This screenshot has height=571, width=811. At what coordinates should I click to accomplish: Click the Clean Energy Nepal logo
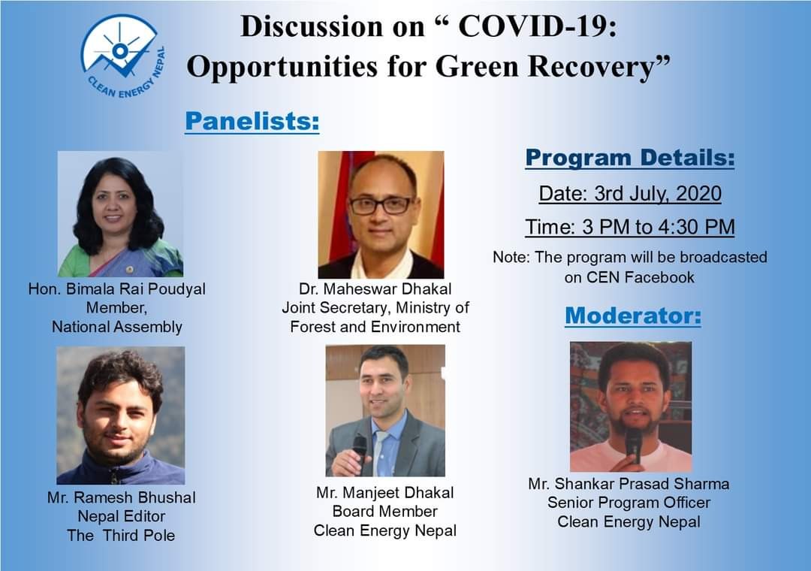pyautogui.click(x=123, y=56)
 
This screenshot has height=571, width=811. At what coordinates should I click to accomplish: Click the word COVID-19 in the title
pyautogui.click(x=538, y=26)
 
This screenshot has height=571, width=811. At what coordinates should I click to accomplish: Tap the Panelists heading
pyautogui.click(x=252, y=121)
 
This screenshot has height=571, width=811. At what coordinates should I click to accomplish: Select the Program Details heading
pyautogui.click(x=630, y=158)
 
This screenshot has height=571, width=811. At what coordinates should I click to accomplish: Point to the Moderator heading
pyautogui.click(x=633, y=316)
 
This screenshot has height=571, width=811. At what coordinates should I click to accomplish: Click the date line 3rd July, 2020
pyautogui.click(x=630, y=194)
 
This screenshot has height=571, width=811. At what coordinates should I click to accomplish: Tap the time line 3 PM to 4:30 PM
pyautogui.click(x=630, y=227)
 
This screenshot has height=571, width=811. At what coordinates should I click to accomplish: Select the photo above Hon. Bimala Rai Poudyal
pyautogui.click(x=120, y=214)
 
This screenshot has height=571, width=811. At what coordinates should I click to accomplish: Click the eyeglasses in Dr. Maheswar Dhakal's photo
pyautogui.click(x=381, y=206)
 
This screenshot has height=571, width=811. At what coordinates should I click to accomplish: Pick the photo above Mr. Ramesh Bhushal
pyautogui.click(x=120, y=415)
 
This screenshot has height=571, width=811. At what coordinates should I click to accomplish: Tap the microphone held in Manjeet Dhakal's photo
pyautogui.click(x=360, y=449)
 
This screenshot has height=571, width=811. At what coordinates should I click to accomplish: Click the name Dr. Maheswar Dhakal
pyautogui.click(x=375, y=289)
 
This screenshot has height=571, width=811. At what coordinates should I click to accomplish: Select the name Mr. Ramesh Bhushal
pyautogui.click(x=122, y=497)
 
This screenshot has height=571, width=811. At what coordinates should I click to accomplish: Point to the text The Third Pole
pyautogui.click(x=121, y=535)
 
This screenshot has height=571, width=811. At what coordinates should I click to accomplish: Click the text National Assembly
pyautogui.click(x=117, y=327)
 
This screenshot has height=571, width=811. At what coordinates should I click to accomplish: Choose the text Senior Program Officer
pyautogui.click(x=629, y=503)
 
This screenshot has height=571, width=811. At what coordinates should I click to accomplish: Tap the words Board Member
pyautogui.click(x=384, y=512)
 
